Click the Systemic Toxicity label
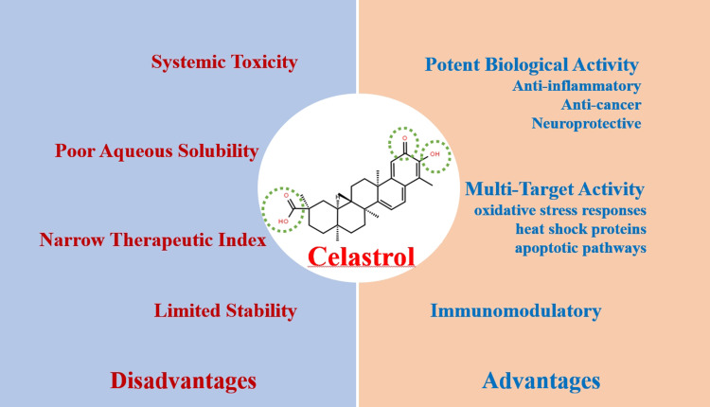click(x=225, y=62)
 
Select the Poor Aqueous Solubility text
click(x=156, y=150)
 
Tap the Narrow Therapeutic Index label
click(x=152, y=239)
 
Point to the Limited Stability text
click(x=225, y=310)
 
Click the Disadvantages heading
click(x=184, y=380)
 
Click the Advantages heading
click(x=541, y=380)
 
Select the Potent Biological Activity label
click(x=532, y=64)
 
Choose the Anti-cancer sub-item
click(x=600, y=106)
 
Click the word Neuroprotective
click(x=587, y=124)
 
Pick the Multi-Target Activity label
click(x=556, y=189)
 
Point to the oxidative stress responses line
click(x=559, y=209)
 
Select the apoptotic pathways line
click(x=580, y=249)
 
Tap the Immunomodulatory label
click(x=516, y=310)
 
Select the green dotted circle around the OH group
click(x=436, y=153)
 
